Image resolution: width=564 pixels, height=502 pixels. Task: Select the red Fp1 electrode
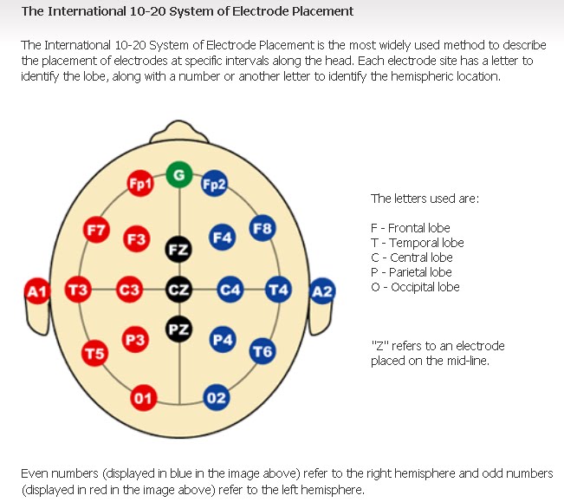[139, 184]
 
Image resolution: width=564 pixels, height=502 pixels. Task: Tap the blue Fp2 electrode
[214, 184]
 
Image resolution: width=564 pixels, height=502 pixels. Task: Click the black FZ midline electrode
[178, 250]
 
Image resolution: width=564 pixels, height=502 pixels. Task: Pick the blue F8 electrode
[262, 229]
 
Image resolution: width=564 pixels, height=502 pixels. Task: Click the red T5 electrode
[95, 353]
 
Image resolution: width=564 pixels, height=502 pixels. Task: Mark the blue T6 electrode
[262, 351]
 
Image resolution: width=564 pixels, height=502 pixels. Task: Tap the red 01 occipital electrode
[143, 398]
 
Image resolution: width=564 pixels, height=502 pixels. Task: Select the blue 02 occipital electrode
[216, 398]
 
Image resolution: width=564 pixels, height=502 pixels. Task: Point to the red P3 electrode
[133, 341]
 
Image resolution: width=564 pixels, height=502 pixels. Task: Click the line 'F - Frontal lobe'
[410, 228]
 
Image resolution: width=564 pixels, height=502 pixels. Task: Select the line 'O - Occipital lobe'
[415, 287]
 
